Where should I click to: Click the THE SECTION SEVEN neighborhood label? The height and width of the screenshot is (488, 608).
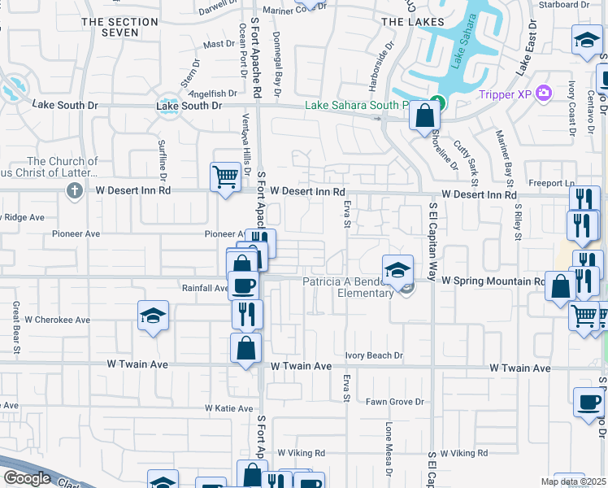(120, 27)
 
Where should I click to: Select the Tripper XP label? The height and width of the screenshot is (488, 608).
(505, 94)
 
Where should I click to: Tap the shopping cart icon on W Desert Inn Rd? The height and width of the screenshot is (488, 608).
(225, 175)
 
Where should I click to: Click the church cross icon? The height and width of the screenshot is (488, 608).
(74, 191)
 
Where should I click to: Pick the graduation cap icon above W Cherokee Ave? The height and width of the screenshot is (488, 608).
(153, 315)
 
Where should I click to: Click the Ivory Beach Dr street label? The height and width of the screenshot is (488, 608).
(374, 355)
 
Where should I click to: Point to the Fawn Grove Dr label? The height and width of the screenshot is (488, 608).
(395, 402)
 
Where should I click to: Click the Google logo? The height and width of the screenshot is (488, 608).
(27, 477)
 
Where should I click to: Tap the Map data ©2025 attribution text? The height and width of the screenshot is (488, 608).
(573, 481)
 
